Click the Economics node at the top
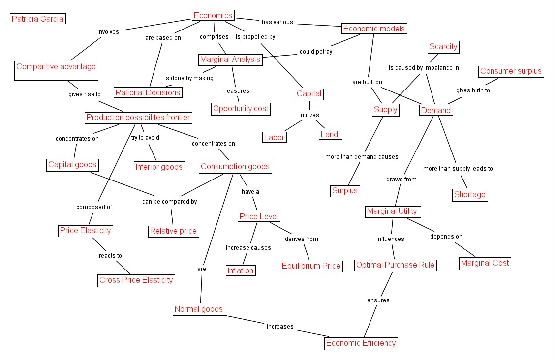coord(213,16)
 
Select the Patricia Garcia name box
coord(37,19)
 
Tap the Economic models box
coord(374,29)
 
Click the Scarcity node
coord(443,47)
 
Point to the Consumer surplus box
coord(511,71)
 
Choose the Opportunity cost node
coord(241,108)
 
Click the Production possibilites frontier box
coord(138,118)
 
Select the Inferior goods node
coord(159,167)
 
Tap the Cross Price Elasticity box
coord(136,280)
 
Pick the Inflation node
coord(240,270)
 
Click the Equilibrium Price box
coord(311,266)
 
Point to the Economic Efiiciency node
coord(361,343)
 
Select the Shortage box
coord(469,195)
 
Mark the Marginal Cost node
coord(485,263)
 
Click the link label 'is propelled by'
coord(255,37)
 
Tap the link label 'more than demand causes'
coord(362,157)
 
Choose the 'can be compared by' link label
coord(170,202)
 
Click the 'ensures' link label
coord(378,300)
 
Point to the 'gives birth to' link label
coord(473,90)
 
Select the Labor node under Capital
coord(274,138)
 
